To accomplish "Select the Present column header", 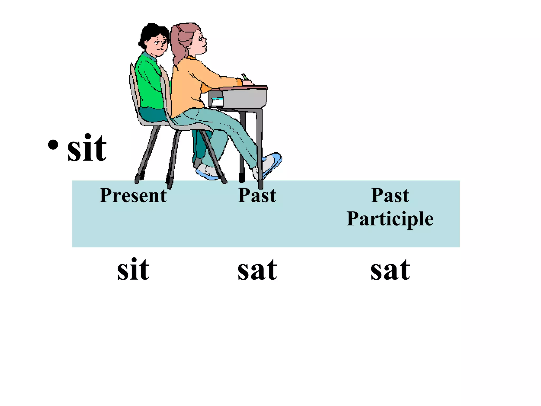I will [133, 195].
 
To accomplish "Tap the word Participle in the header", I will [390, 219].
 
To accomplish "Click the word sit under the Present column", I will [133, 269].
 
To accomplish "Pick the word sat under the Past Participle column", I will [390, 270].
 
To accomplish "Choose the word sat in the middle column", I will [257, 270].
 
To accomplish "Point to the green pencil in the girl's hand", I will [245, 77].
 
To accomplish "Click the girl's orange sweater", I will [190, 85].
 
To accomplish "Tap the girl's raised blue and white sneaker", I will [269, 164].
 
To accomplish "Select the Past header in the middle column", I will [257, 195].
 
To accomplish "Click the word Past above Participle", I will [390, 195].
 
